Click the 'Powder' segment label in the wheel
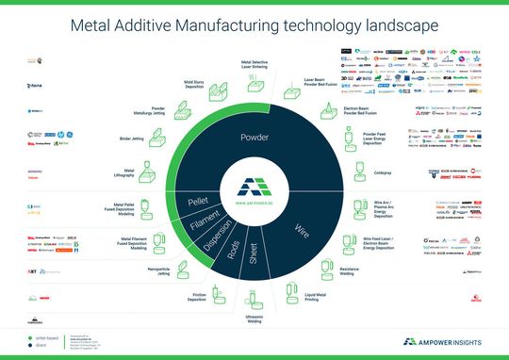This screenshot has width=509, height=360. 254,137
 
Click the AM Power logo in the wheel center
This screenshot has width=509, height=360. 254,189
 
